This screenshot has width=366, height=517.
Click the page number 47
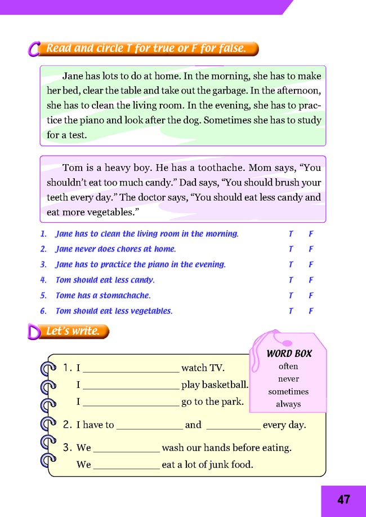tap(344, 500)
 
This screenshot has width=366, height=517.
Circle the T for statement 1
tap(291, 234)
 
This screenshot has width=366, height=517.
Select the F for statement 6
tap(311, 311)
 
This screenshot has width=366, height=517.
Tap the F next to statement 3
tap(311, 265)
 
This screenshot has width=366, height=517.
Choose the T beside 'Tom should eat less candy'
tap(291, 280)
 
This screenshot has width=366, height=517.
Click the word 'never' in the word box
tap(288, 379)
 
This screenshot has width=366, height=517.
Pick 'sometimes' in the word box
tap(288, 391)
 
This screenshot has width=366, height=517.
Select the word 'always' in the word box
tap(288, 404)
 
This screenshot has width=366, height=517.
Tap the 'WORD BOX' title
tap(289, 353)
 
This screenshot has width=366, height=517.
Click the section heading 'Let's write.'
tap(73, 332)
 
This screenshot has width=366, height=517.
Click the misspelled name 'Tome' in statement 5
tap(65, 295)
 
